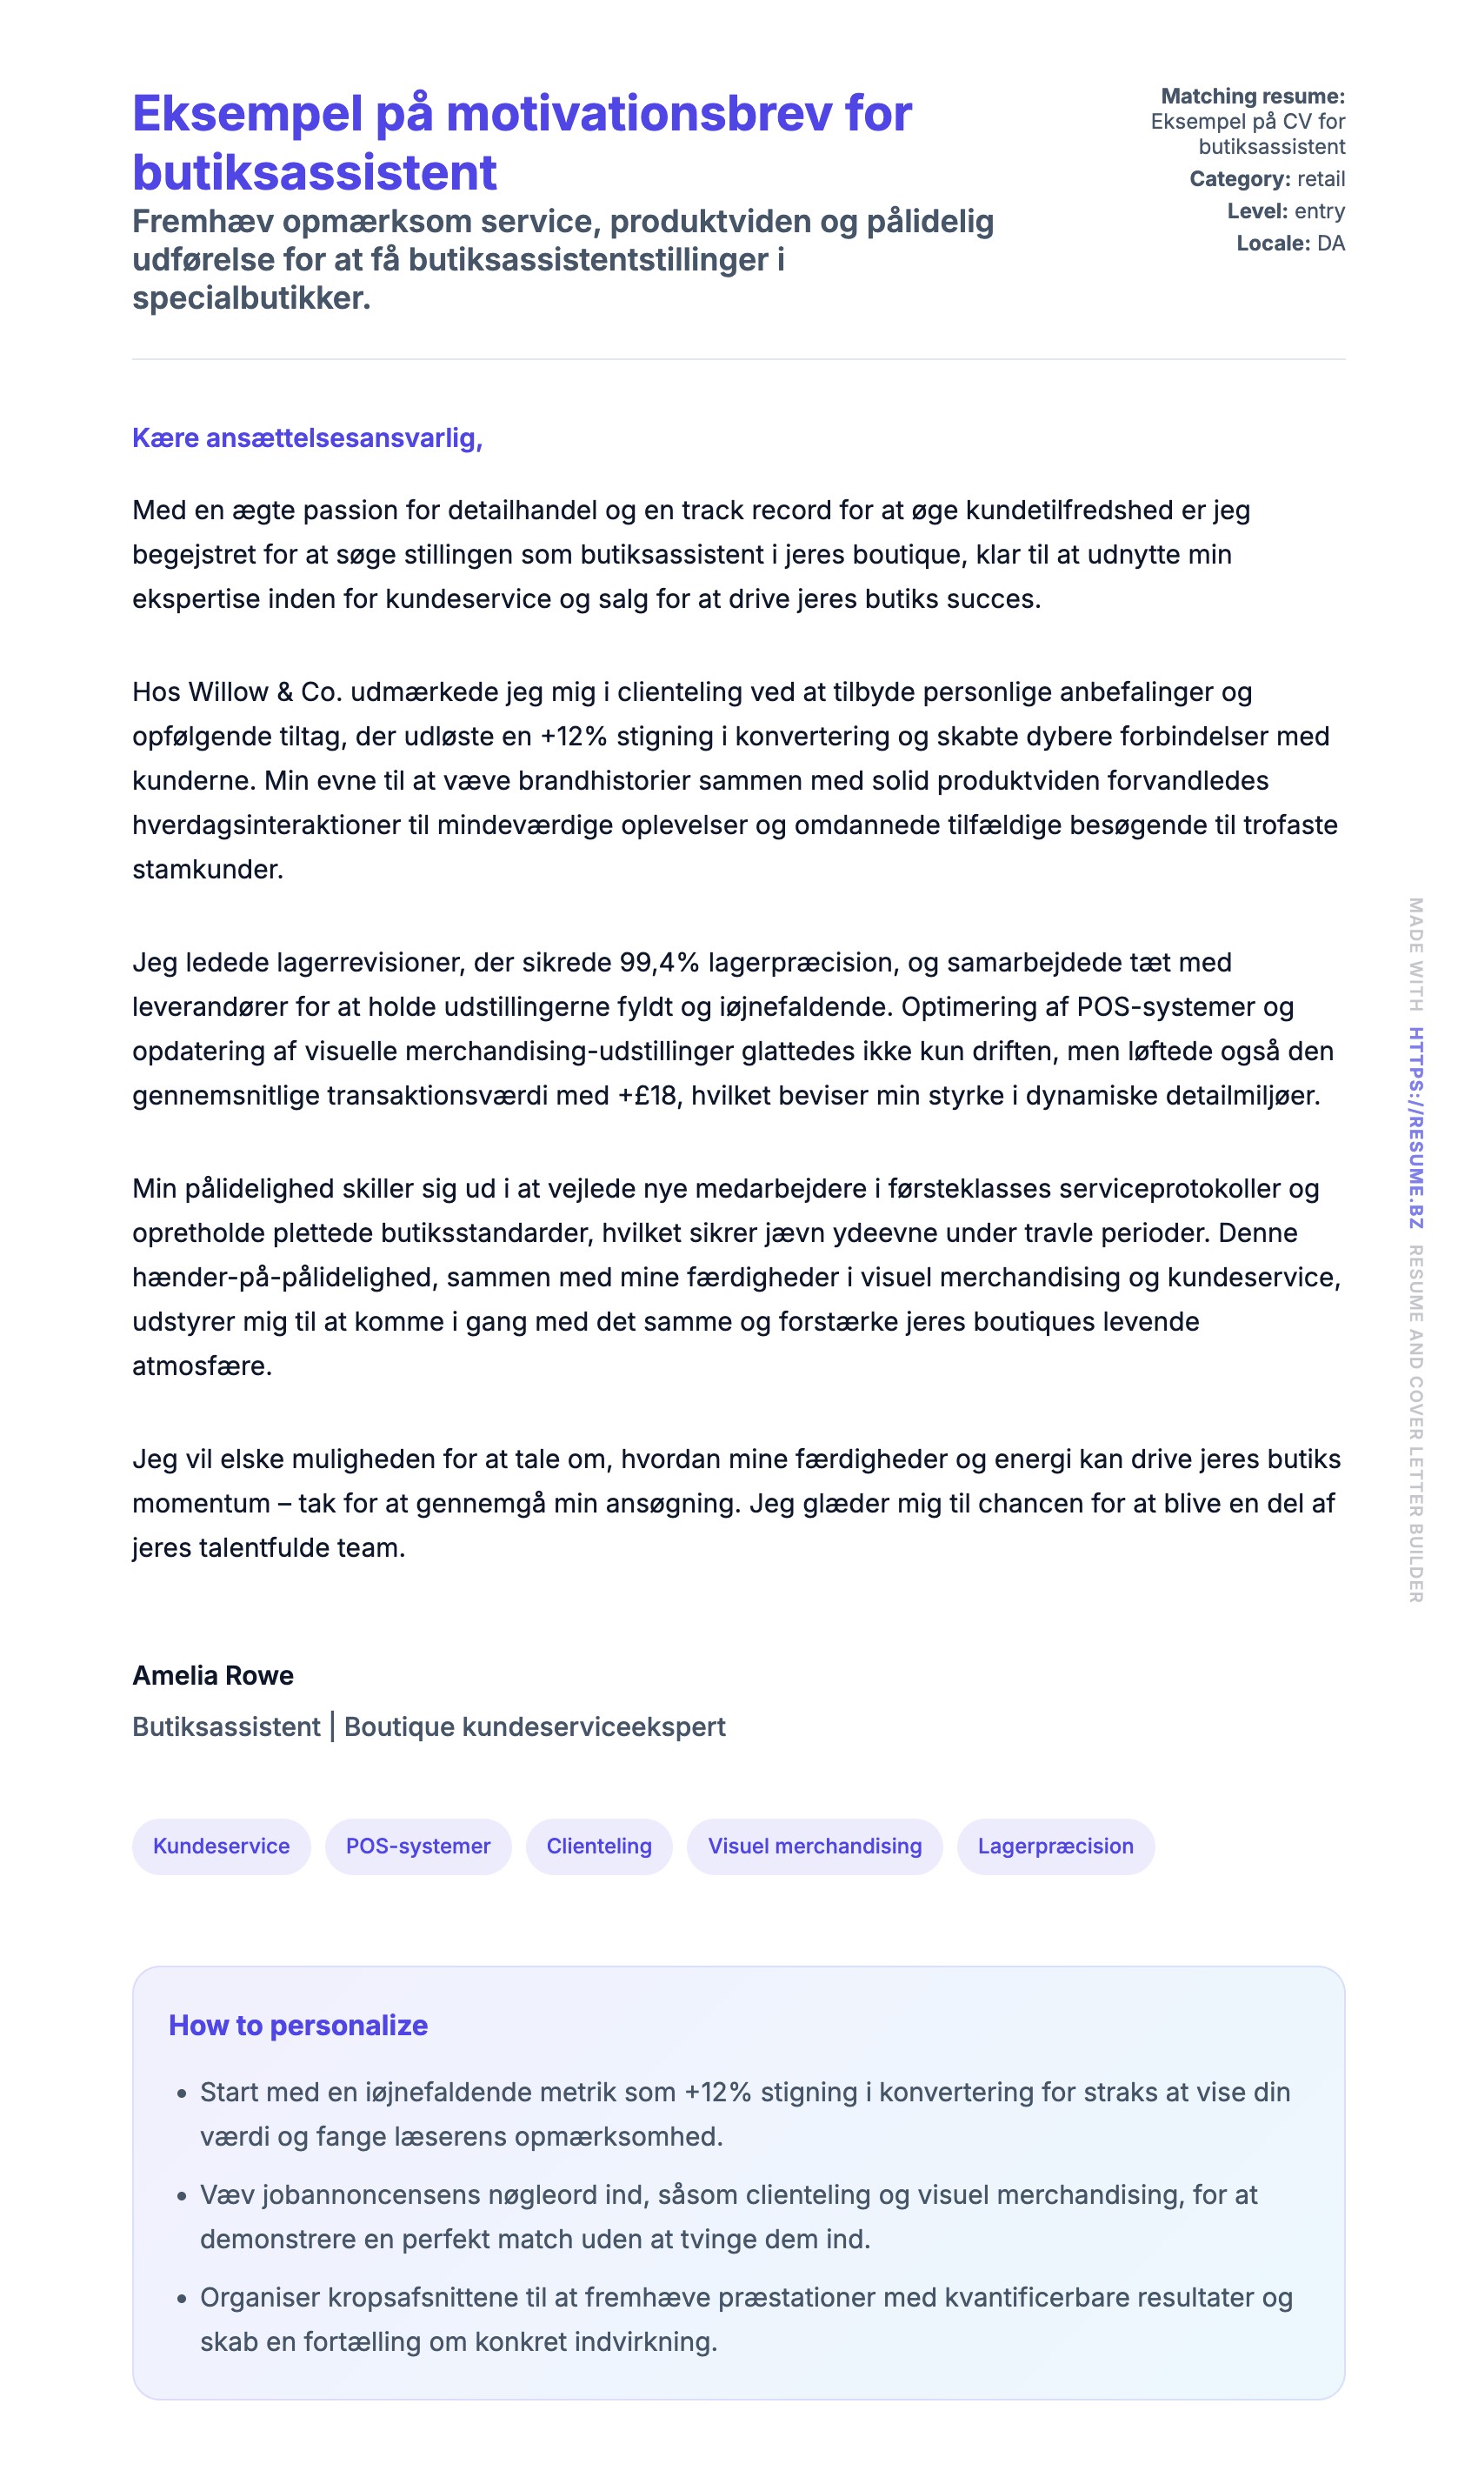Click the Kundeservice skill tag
[x=221, y=1846]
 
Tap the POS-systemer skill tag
[x=417, y=1846]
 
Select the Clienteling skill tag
[x=598, y=1846]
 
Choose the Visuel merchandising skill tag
[x=814, y=1846]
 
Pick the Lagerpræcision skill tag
[x=1055, y=1846]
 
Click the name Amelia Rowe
[x=213, y=1675]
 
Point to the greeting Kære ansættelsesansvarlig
[x=307, y=438]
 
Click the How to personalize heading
[x=298, y=2025]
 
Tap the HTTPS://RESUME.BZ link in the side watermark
[x=1415, y=1128]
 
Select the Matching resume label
[x=1252, y=97]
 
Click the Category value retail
[x=1321, y=179]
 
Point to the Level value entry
[x=1320, y=211]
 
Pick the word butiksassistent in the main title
[x=314, y=172]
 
